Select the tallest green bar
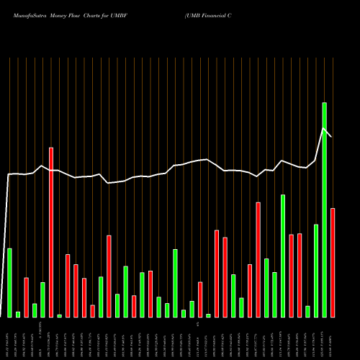click(324, 209)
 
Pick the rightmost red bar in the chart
click(333, 262)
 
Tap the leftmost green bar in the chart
click(9, 282)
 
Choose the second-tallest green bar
click(283, 256)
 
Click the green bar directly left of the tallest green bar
click(316, 271)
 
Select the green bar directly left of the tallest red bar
click(42, 300)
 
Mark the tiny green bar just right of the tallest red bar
click(59, 315)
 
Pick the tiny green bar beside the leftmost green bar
click(18, 314)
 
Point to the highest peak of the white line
click(323, 128)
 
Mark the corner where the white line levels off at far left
click(9, 175)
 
